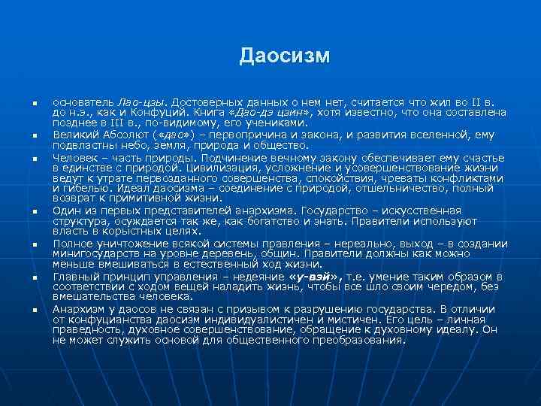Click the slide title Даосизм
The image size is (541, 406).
point(285,56)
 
